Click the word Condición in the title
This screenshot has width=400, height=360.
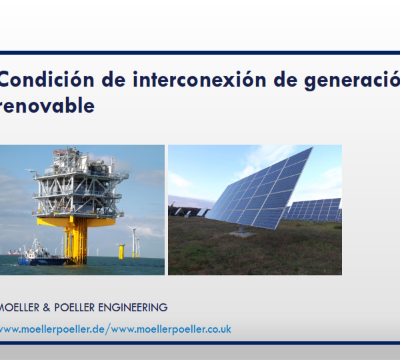click(x=47, y=79)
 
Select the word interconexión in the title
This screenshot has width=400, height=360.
click(x=199, y=79)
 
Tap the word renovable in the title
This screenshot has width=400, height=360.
click(x=47, y=105)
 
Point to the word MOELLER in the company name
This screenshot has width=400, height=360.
click(x=19, y=307)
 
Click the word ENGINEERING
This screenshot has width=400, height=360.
click(x=133, y=307)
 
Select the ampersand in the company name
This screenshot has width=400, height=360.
click(x=47, y=307)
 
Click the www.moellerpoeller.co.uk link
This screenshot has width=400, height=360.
click(x=171, y=329)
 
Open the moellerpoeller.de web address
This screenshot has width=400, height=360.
click(x=52, y=329)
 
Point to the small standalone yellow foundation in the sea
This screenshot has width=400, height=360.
click(x=121, y=251)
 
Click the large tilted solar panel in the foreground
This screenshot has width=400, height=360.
click(x=259, y=189)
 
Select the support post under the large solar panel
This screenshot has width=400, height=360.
click(x=241, y=229)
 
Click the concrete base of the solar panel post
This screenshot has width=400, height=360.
click(x=241, y=234)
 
